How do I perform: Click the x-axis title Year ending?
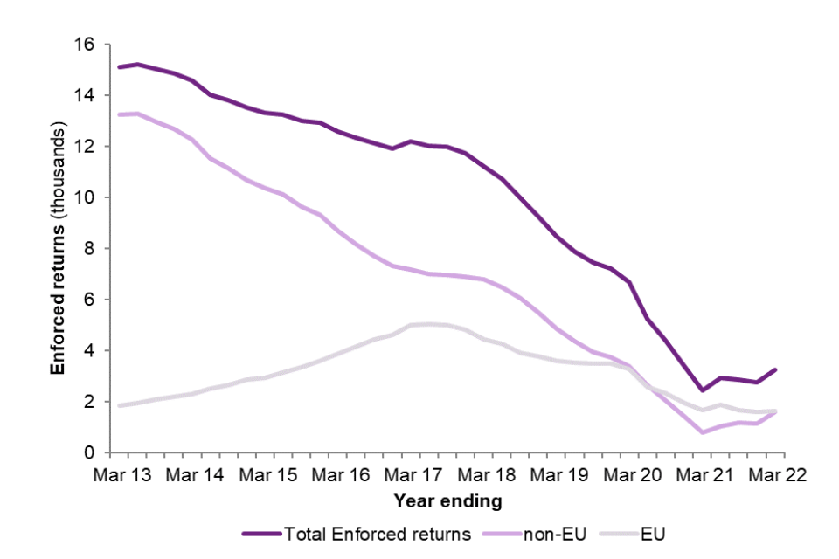point(447,501)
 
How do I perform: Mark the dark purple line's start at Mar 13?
point(119,66)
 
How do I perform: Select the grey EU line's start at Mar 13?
point(119,405)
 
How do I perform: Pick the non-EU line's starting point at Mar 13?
point(119,114)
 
